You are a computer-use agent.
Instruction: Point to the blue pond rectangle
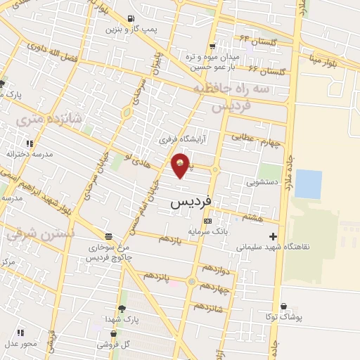(308, 184)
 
